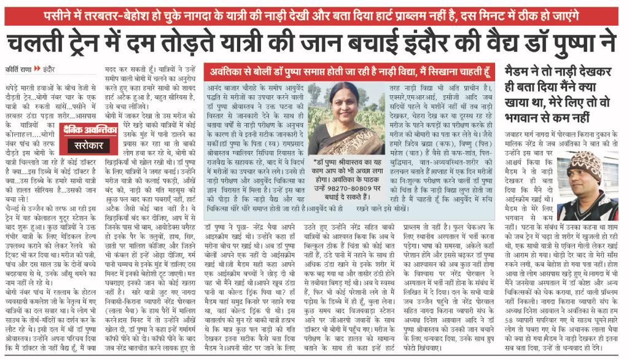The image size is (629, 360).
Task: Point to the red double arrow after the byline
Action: [x=37, y=68]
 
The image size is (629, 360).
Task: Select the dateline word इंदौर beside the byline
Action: [x=49, y=68]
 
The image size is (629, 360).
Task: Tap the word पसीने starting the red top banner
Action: [x=60, y=14]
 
